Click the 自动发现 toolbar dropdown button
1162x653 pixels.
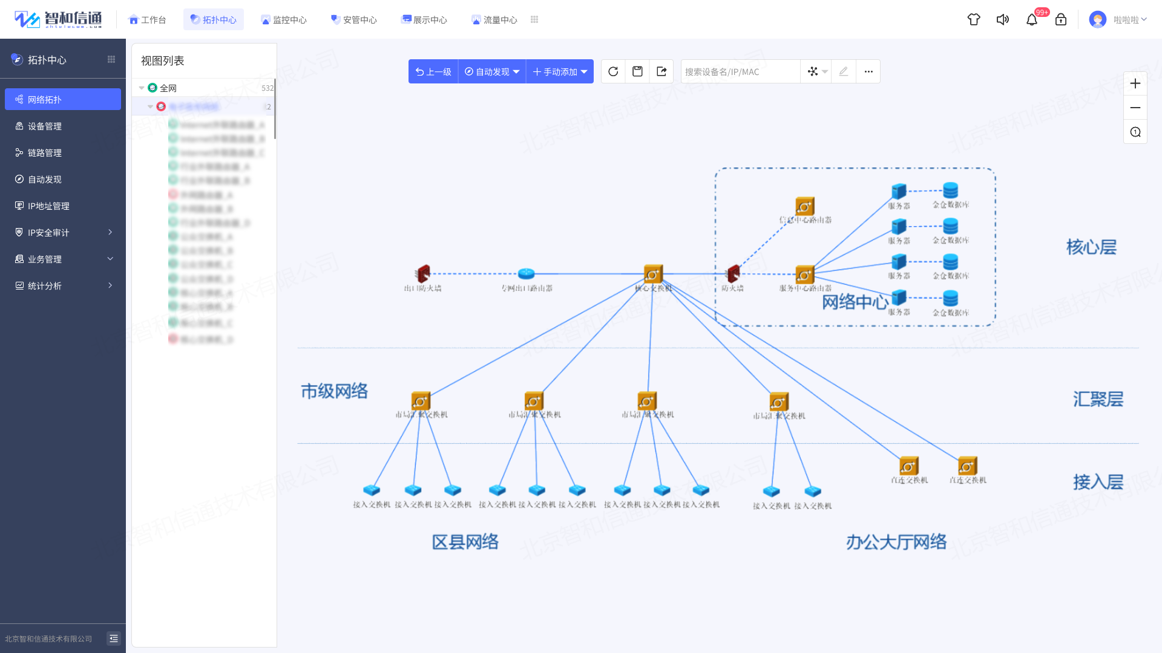click(492, 71)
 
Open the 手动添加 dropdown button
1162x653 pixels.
click(560, 71)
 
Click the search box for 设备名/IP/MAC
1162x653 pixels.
click(740, 71)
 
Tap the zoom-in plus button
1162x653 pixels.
click(1135, 83)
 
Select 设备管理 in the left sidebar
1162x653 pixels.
click(45, 126)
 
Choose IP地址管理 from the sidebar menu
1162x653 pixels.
click(48, 206)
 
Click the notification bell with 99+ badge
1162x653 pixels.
click(1032, 20)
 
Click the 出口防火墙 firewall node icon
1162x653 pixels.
click(423, 274)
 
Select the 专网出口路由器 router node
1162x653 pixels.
click(527, 274)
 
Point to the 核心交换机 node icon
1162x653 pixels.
click(653, 274)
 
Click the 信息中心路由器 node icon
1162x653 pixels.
click(804, 207)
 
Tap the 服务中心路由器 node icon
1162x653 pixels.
click(804, 275)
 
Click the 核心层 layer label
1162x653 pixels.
click(1091, 247)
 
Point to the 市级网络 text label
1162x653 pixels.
click(334, 391)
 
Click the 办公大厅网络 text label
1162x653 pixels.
click(896, 542)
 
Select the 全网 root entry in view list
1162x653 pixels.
click(168, 88)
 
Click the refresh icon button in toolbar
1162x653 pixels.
click(613, 71)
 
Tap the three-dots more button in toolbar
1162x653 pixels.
click(868, 71)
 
